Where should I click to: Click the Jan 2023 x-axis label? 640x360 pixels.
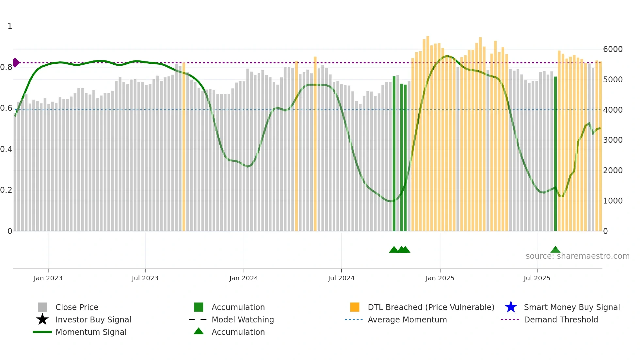click(x=48, y=278)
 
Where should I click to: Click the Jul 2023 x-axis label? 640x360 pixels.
click(x=145, y=278)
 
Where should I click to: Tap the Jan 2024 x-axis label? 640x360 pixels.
click(x=244, y=278)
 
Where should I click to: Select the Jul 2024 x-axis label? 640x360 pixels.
click(x=341, y=278)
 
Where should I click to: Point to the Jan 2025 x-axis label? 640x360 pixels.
click(x=440, y=278)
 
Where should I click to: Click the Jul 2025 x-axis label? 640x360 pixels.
click(x=537, y=278)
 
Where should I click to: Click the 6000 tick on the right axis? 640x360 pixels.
click(x=613, y=49)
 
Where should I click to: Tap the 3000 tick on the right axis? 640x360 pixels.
click(x=613, y=140)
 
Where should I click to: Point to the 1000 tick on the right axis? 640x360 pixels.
click(x=613, y=201)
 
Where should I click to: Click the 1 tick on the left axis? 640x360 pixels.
click(x=10, y=26)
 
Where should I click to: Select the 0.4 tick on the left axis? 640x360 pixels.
click(x=6, y=149)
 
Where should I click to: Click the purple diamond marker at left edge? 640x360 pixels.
click(x=16, y=62)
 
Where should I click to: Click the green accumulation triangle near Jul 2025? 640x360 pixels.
click(x=555, y=250)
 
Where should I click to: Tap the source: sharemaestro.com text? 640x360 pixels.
click(x=578, y=256)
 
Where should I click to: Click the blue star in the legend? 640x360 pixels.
click(x=511, y=307)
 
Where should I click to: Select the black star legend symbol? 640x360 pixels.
click(x=42, y=319)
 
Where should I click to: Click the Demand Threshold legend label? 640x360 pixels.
click(x=561, y=319)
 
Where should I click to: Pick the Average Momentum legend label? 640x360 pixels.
click(x=407, y=319)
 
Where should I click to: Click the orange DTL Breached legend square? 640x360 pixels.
click(x=355, y=307)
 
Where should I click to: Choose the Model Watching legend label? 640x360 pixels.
click(x=243, y=319)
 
